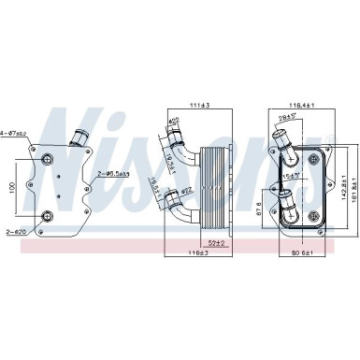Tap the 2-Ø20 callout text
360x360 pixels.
point(16,231)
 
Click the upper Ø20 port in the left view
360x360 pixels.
point(46,152)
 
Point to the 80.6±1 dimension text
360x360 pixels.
point(301,252)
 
